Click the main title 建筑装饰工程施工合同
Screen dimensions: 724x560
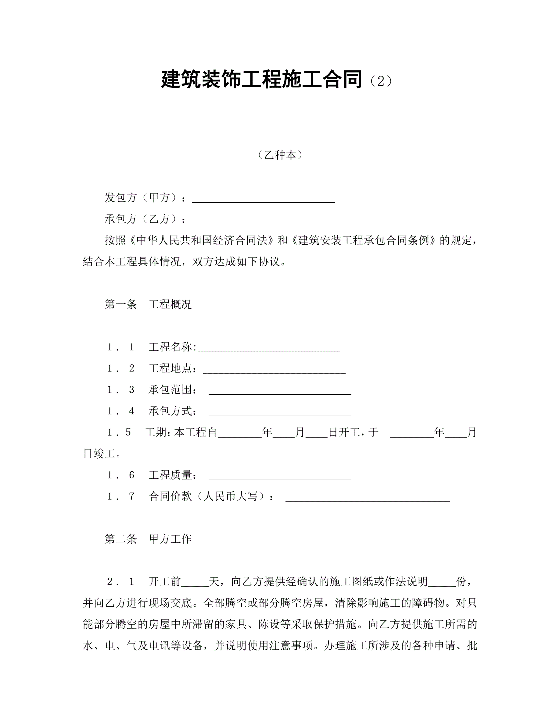click(x=261, y=80)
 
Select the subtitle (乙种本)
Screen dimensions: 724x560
click(x=280, y=155)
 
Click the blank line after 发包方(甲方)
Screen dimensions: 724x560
click(x=263, y=199)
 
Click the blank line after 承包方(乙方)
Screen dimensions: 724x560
click(x=263, y=220)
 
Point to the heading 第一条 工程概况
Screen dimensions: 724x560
click(x=148, y=304)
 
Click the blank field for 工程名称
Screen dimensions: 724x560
click(x=269, y=348)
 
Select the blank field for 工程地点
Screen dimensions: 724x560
click(x=275, y=369)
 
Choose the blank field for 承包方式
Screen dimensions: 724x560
click(x=280, y=412)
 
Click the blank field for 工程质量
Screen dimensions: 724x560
click(x=280, y=476)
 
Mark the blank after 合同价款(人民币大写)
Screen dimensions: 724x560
click(x=368, y=497)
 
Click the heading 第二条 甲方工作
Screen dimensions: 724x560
click(x=148, y=539)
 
